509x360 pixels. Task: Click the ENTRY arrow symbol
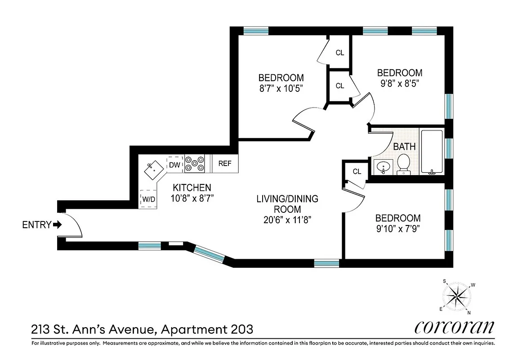pyautogui.click(x=57, y=225)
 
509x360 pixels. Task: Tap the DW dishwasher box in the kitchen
pyautogui.click(x=174, y=165)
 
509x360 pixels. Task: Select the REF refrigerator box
pyautogui.click(x=225, y=163)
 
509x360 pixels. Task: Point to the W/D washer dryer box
pyautogui.click(x=149, y=198)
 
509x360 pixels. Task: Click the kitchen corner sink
pyautogui.click(x=153, y=169)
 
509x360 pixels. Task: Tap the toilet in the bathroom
pyautogui.click(x=403, y=164)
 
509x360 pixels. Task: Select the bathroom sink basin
pyautogui.click(x=384, y=167)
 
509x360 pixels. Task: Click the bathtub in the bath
pyautogui.click(x=432, y=152)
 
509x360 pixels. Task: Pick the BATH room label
pyautogui.click(x=404, y=147)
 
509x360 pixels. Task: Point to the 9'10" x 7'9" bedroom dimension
pyautogui.click(x=397, y=228)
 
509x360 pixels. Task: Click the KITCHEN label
pyautogui.click(x=192, y=188)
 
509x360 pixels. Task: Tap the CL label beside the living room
pyautogui.click(x=357, y=171)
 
